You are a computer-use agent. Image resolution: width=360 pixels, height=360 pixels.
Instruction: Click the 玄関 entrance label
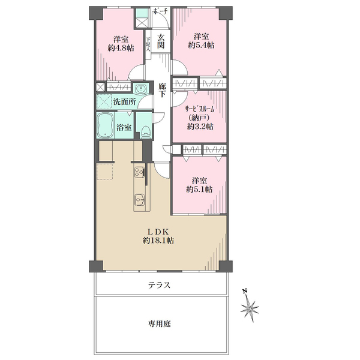[161, 41]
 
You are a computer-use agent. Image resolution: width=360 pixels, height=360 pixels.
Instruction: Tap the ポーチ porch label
[161, 11]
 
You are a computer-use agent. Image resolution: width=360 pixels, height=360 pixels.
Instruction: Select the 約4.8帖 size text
[121, 48]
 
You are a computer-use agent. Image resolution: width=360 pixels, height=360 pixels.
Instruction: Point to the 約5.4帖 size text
[202, 45]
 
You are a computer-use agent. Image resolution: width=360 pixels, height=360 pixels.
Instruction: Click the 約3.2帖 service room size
[200, 127]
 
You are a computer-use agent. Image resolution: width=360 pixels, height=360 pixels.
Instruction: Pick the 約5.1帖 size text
[199, 190]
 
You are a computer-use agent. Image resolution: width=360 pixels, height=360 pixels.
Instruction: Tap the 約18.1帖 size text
[158, 241]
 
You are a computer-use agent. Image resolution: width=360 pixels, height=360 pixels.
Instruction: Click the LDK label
[158, 231]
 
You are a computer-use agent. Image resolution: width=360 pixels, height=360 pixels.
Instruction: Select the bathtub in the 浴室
[105, 125]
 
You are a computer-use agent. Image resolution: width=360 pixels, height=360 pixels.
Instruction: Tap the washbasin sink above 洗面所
[141, 89]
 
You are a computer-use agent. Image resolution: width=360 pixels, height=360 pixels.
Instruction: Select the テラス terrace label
[159, 285]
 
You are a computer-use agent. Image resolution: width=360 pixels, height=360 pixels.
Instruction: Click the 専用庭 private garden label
[159, 324]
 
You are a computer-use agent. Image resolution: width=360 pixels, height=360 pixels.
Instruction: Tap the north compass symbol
[250, 307]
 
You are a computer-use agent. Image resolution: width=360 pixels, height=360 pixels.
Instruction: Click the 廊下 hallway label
[162, 90]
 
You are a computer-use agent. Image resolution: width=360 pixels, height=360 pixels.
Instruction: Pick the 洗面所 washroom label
[125, 102]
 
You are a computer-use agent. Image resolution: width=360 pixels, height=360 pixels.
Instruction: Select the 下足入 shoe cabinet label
[148, 44]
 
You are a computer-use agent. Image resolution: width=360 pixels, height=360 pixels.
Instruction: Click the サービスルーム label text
[200, 109]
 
